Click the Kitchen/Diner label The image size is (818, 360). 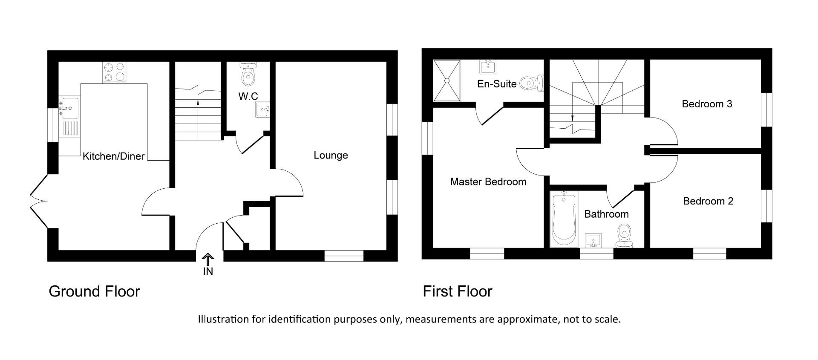(x=113, y=156)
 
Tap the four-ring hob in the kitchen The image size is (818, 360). (x=115, y=72)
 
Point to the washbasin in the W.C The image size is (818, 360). (x=262, y=109)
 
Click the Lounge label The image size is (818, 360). (x=331, y=156)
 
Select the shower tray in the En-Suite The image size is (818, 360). (x=447, y=81)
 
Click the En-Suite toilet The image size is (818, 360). (x=531, y=83)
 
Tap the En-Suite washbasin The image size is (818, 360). (x=487, y=67)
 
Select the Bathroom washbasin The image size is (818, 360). (x=593, y=241)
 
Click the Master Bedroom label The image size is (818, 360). (x=488, y=182)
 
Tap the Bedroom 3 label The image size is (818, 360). (x=707, y=104)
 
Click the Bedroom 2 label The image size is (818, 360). (x=708, y=201)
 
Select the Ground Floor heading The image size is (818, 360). (x=94, y=291)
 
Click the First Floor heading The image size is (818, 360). (x=457, y=291)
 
